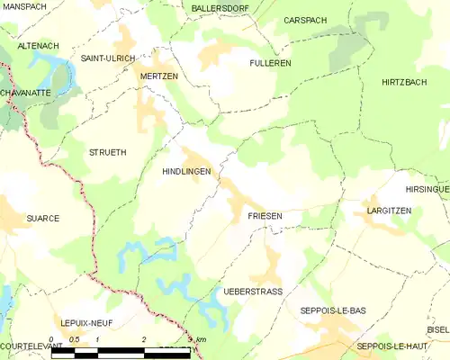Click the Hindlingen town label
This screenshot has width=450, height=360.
point(186,170)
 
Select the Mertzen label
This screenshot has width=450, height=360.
point(158,76)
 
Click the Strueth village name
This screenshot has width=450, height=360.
point(108,153)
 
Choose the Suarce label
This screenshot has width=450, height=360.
point(43,218)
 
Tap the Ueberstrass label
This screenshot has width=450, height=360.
point(252,292)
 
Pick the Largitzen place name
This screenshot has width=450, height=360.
point(389,210)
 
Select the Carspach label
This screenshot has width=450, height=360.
point(305,20)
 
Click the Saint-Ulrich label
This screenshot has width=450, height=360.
point(108,58)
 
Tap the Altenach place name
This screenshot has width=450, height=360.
point(38,44)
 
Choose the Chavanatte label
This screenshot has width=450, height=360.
point(24,92)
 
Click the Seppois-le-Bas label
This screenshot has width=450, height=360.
point(332,310)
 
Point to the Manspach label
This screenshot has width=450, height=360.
point(24,6)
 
